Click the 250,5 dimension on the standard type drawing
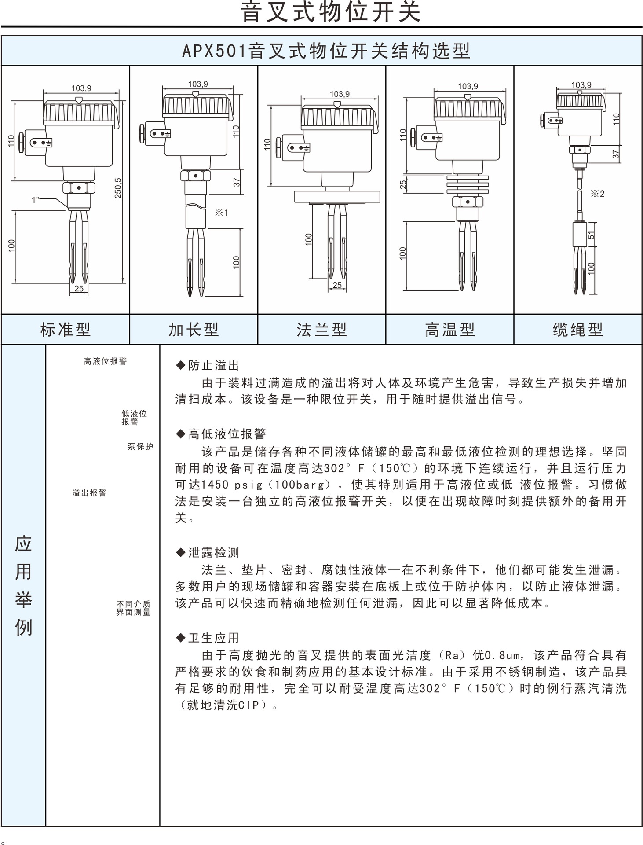click(x=118, y=188)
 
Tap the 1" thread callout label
click(x=36, y=200)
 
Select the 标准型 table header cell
click(x=65, y=329)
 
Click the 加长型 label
click(x=194, y=329)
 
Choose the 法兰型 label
click(x=321, y=329)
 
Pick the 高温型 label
click(x=449, y=329)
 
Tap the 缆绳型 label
click(x=577, y=329)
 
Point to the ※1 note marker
click(x=221, y=213)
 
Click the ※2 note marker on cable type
click(x=597, y=194)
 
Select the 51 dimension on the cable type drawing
click(x=592, y=235)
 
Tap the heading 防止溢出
click(x=213, y=365)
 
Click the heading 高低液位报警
click(x=227, y=434)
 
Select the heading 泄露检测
click(x=213, y=552)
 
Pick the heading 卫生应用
click(x=213, y=638)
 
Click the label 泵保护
click(x=140, y=446)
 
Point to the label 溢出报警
click(x=90, y=493)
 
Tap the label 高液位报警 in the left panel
click(x=105, y=361)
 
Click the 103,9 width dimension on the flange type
click(x=340, y=94)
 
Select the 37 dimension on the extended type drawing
click(x=237, y=182)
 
